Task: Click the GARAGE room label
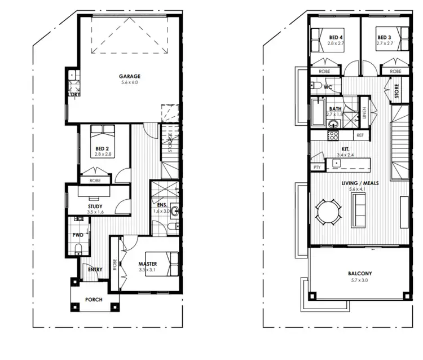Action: tap(129, 76)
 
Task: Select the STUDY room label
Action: tap(95, 207)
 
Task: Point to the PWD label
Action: tap(77, 234)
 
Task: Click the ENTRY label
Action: tap(95, 270)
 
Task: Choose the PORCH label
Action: tap(94, 300)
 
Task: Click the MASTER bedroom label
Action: tap(148, 264)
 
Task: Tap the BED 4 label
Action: tap(337, 38)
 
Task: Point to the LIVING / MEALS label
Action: tap(359, 183)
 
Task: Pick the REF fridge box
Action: tap(359, 136)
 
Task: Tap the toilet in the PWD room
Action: tap(79, 249)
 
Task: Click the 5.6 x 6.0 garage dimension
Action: tap(129, 83)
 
